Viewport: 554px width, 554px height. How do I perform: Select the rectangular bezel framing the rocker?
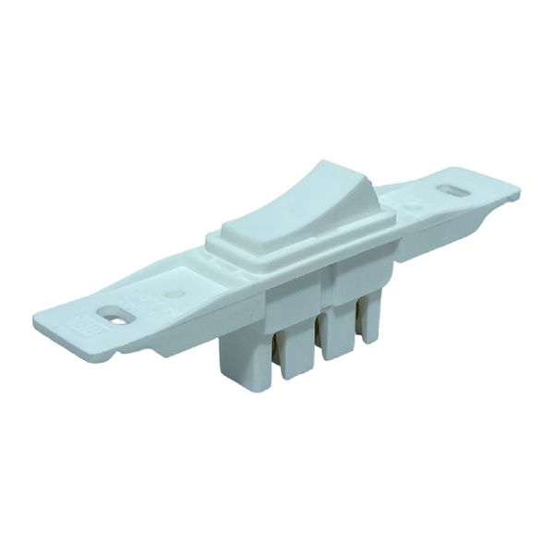[x=277, y=247]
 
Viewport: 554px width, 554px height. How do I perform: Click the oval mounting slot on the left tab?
[x=114, y=314]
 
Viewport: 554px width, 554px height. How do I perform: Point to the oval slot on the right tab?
[x=453, y=191]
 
